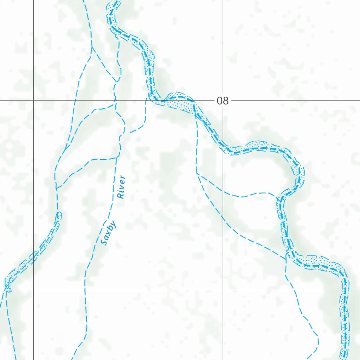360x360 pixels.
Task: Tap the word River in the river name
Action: coord(121,187)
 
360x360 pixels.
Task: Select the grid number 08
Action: coord(223,101)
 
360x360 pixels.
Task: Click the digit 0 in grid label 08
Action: coord(220,101)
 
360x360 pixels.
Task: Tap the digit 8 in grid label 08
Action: coord(226,101)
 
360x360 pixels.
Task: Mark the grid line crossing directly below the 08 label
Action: coord(223,290)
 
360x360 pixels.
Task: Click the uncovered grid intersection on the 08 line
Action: coord(33,101)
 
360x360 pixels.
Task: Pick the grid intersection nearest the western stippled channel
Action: coord(33,290)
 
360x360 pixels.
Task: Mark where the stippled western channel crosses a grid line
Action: coord(33,258)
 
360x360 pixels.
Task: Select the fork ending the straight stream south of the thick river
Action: coord(197,173)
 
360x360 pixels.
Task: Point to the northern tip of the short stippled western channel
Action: coord(59,213)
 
